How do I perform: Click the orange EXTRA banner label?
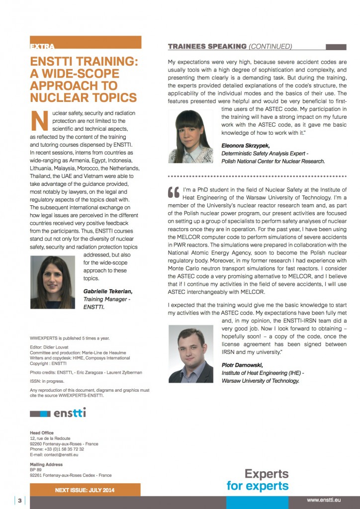point(43,47)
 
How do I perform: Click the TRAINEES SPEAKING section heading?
point(207,47)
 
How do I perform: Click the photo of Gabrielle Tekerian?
point(53,282)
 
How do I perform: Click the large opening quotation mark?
point(174,192)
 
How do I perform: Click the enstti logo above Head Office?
point(58,413)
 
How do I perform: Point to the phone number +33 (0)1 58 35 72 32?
point(66,449)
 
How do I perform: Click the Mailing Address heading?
point(46,464)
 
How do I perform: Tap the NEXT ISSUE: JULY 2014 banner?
point(85,490)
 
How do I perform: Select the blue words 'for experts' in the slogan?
point(257,485)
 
